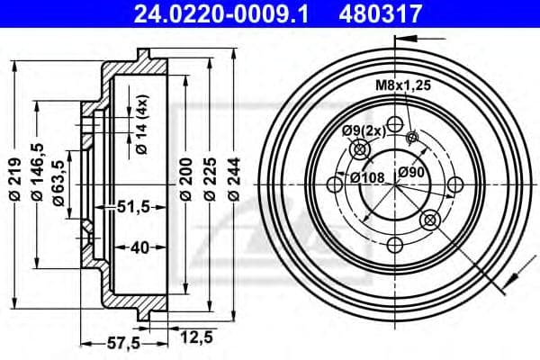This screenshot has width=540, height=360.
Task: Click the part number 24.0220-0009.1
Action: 220,13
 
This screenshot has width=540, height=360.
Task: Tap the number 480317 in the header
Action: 381,13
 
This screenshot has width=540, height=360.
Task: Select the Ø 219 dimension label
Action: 15,179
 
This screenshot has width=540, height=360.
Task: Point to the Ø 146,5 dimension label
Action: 37,172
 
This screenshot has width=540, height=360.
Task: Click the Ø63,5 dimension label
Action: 59,184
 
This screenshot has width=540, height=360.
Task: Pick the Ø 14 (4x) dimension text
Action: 142,124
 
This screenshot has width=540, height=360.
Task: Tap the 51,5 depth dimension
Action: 133,207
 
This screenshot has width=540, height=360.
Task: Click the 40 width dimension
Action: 140,247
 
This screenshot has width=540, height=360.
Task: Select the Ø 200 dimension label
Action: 186,179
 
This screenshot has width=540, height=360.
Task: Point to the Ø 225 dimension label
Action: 210,179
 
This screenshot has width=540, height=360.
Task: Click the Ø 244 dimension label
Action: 234,179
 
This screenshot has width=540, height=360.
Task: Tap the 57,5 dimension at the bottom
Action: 123,343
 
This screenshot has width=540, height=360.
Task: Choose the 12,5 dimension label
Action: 196,337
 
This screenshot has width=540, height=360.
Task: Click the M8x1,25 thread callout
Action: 403,85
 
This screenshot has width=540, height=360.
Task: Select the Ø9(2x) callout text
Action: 364,131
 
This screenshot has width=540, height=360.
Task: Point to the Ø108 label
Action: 367,178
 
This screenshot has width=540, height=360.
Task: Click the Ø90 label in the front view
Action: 411,172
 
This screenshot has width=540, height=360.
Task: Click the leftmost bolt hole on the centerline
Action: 335,184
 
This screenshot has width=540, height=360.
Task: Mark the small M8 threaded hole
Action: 412,138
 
